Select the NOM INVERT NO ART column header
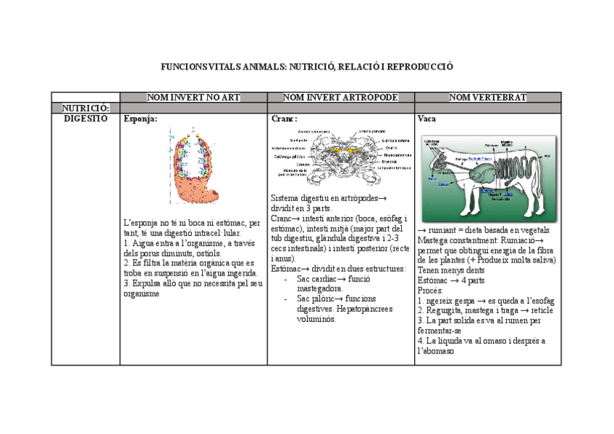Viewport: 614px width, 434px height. (193, 97)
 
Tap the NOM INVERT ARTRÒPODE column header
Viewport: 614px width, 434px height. (340, 97)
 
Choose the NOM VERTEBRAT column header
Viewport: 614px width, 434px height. (488, 97)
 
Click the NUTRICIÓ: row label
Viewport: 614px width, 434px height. (85, 108)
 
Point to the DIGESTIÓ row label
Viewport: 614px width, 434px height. (85, 118)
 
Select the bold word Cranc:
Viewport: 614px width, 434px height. (284, 119)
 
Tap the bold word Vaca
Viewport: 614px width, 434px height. (426, 119)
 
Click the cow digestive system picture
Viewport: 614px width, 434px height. (489, 170)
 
